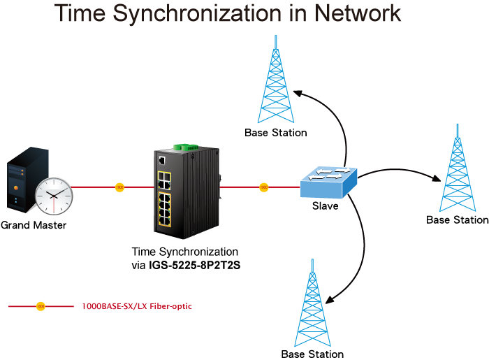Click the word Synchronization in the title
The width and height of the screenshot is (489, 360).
pyautogui.click(x=198, y=13)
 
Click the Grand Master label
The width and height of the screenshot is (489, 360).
pyautogui.click(x=34, y=225)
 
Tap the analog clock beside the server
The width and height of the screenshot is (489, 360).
pyautogui.click(x=54, y=196)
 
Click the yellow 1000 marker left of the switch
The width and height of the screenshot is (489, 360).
pyautogui.click(x=119, y=187)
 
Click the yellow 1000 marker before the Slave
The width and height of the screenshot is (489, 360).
pyautogui.click(x=264, y=187)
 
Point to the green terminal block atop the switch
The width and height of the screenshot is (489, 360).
pyautogui.click(x=187, y=147)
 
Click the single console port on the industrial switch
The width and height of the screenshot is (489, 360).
pyautogui.click(x=162, y=160)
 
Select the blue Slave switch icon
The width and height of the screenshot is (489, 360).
pyautogui.click(x=328, y=182)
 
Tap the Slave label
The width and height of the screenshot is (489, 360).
pyautogui.click(x=326, y=206)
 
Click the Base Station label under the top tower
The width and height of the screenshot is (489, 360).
pyautogui.click(x=276, y=133)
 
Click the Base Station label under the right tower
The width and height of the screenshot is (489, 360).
pyautogui.click(x=457, y=220)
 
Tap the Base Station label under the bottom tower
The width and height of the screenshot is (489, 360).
pyautogui.click(x=312, y=354)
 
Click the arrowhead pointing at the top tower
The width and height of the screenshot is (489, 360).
pyautogui.click(x=298, y=93)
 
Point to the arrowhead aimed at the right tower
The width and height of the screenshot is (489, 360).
pyautogui.click(x=437, y=178)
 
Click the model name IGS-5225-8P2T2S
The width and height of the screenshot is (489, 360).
pyautogui.click(x=195, y=265)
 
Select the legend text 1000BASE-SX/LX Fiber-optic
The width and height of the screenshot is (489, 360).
pyautogui.click(x=137, y=306)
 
